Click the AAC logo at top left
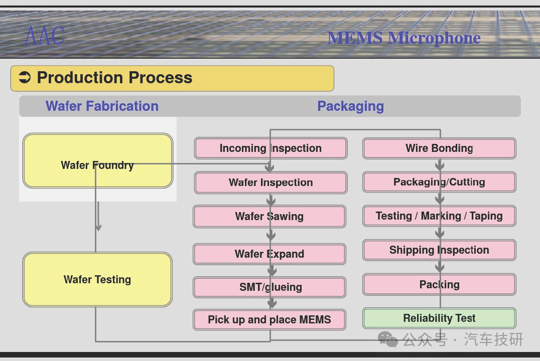tap(45, 36)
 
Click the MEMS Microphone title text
tap(403, 38)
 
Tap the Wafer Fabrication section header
tap(102, 106)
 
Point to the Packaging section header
tap(350, 106)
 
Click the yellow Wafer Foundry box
tap(98, 161)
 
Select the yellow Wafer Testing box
tap(97, 279)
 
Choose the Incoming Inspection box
tap(271, 148)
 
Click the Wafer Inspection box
tap(271, 183)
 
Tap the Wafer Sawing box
tap(269, 217)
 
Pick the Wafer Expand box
tap(269, 254)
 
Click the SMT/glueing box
tap(269, 287)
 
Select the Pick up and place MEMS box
tap(269, 320)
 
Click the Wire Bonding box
tap(439, 148)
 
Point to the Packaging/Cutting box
tap(439, 182)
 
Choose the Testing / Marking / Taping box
tap(439, 216)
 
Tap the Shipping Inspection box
tap(439, 250)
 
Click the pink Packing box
tap(439, 284)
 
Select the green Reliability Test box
tap(439, 318)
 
